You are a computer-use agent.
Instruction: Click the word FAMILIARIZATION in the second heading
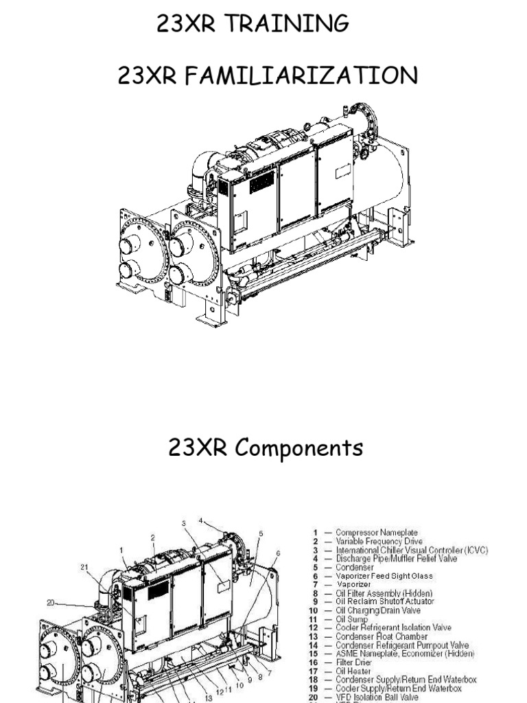point(297,76)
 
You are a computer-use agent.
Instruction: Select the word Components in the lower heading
point(300,448)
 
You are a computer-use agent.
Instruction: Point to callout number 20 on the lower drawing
point(51,603)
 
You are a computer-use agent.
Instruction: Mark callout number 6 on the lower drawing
point(278,552)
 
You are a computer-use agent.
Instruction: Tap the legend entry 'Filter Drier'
point(355,662)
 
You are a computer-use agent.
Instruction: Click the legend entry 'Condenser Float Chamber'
point(382,636)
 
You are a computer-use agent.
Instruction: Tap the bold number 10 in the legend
point(313,611)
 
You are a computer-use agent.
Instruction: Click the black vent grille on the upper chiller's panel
point(261,183)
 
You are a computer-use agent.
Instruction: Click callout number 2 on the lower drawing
point(152,538)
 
